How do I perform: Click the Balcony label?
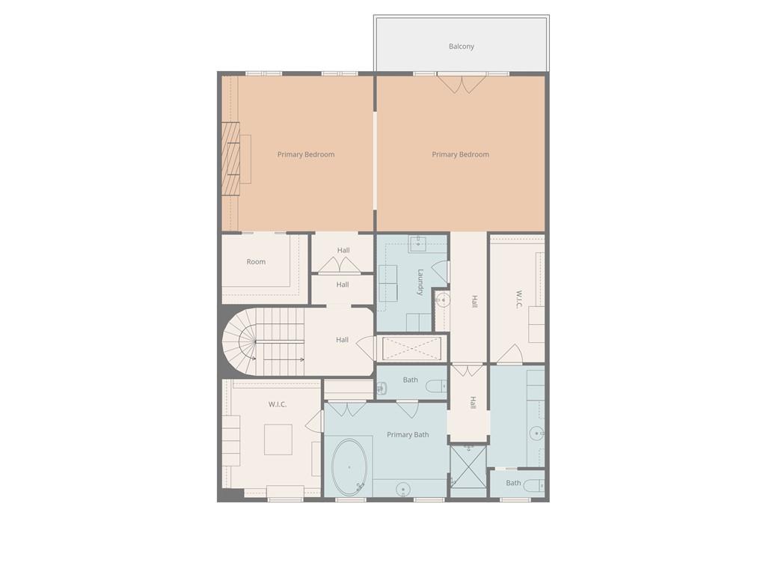point(461,46)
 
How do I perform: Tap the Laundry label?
point(420,282)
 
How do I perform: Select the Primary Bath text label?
point(408,435)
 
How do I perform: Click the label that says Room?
point(256,262)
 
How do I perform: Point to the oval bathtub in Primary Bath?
point(349,468)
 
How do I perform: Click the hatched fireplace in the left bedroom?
point(230,158)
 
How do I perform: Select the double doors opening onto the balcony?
point(462,83)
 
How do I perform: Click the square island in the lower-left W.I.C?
point(278,439)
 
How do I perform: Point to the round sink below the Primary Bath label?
point(403,490)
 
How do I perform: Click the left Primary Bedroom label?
point(306,155)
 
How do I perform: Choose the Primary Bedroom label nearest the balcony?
point(460,155)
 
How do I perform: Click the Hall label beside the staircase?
point(342,340)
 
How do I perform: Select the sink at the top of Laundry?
point(417,243)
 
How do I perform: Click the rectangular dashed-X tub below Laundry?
point(411,348)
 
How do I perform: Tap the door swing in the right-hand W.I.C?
point(510,354)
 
